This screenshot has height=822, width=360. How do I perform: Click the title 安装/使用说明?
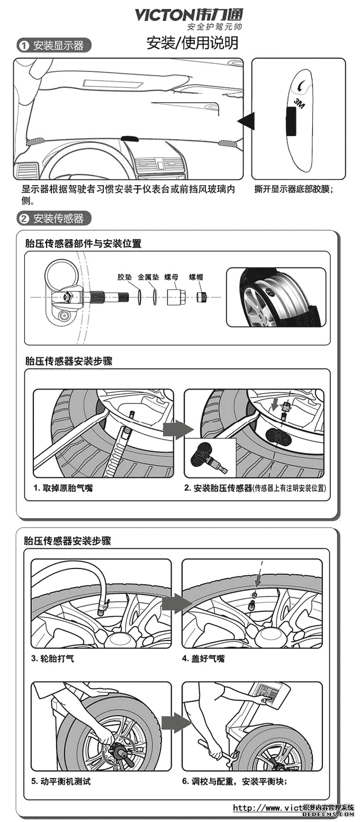(192, 43)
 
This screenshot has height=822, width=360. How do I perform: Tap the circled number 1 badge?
(24, 46)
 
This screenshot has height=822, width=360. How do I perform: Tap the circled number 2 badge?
(24, 218)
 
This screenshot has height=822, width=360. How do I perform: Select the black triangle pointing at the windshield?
(246, 121)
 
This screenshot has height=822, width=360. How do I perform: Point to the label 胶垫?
(124, 277)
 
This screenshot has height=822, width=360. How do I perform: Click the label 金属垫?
(148, 277)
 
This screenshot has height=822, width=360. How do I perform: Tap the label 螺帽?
(196, 277)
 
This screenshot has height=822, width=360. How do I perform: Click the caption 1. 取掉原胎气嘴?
(63, 488)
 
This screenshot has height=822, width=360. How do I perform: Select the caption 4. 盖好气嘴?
(203, 658)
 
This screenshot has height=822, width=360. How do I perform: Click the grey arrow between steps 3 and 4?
(176, 603)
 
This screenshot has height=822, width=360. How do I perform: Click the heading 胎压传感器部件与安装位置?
(83, 243)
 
